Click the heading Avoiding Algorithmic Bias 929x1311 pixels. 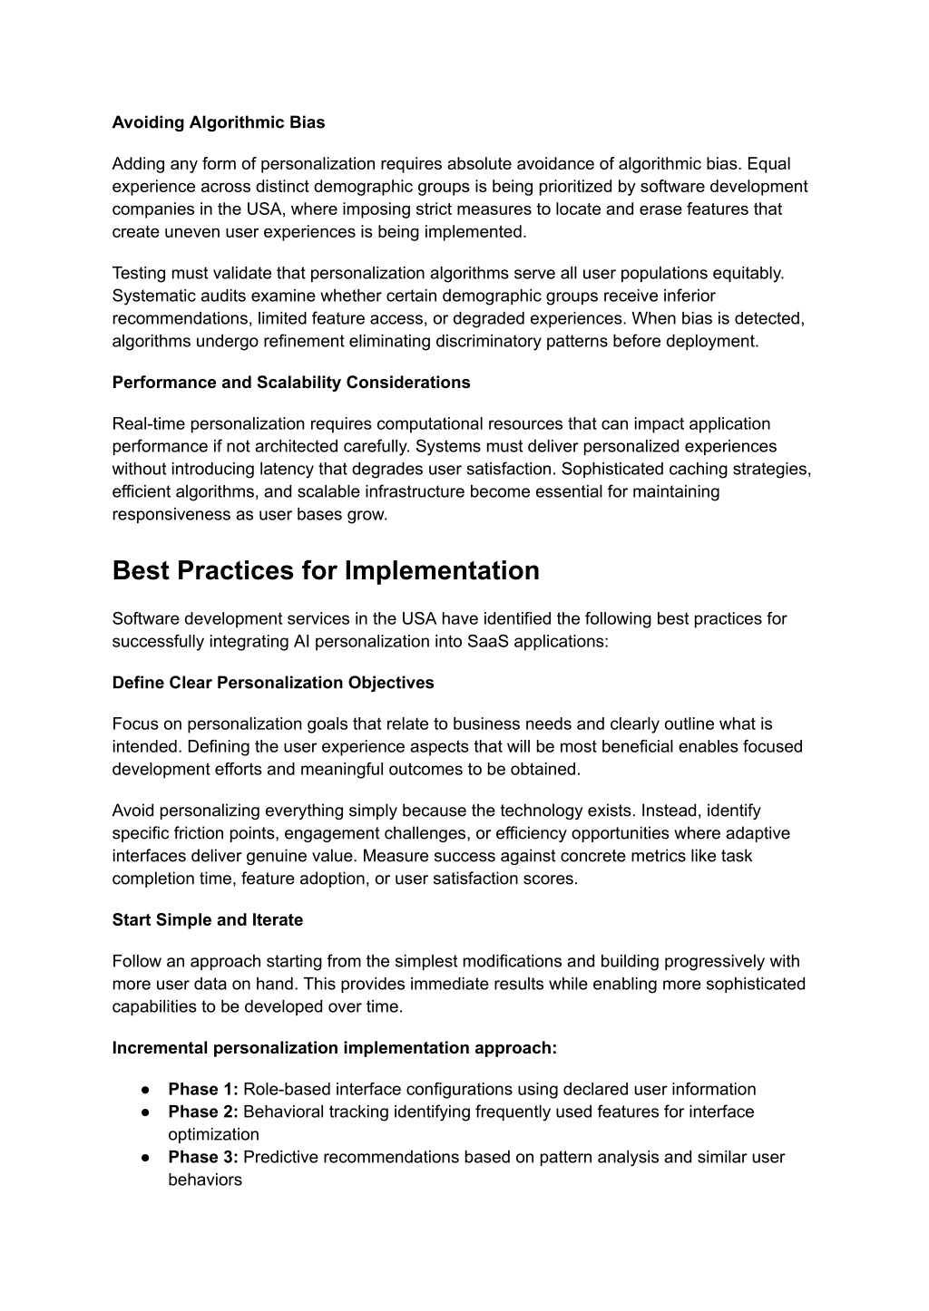pyautogui.click(x=219, y=122)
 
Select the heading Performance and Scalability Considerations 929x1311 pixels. pyautogui.click(x=291, y=383)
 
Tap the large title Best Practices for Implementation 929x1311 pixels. pyautogui.click(x=326, y=571)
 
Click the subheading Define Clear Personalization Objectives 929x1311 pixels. pyautogui.click(x=273, y=683)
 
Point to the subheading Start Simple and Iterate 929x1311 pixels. pyautogui.click(x=208, y=920)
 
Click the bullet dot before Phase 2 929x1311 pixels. pyautogui.click(x=145, y=1112)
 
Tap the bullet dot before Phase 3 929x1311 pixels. pyautogui.click(x=145, y=1158)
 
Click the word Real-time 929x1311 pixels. pyautogui.click(x=148, y=424)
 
